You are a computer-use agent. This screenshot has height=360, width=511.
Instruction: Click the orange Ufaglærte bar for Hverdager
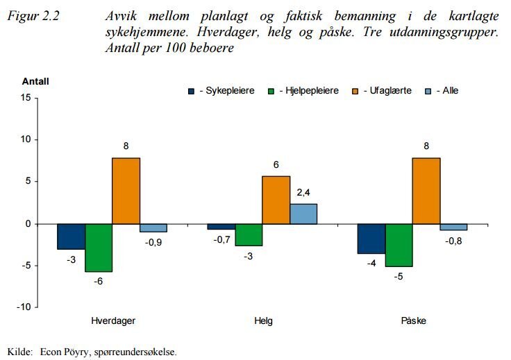click(x=126, y=191)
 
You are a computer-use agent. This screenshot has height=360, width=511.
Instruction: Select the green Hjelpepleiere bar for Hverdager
click(x=99, y=248)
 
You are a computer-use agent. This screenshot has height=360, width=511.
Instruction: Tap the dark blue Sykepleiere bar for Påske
click(x=371, y=239)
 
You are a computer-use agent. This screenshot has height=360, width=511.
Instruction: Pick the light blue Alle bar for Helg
click(x=303, y=214)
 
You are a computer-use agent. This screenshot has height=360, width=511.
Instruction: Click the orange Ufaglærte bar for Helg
click(x=276, y=200)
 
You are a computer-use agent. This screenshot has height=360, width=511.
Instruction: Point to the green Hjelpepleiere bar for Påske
click(x=399, y=245)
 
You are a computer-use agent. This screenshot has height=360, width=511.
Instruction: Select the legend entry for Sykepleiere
click(x=221, y=90)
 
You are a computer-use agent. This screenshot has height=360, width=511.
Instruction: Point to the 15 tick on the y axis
click(x=26, y=98)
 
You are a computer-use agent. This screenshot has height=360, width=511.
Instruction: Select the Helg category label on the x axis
click(x=263, y=321)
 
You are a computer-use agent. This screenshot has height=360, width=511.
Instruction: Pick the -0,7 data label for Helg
click(x=221, y=240)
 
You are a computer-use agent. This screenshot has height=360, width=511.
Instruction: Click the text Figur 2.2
click(x=33, y=16)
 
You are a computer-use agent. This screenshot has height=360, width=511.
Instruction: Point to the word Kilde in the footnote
click(x=19, y=352)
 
